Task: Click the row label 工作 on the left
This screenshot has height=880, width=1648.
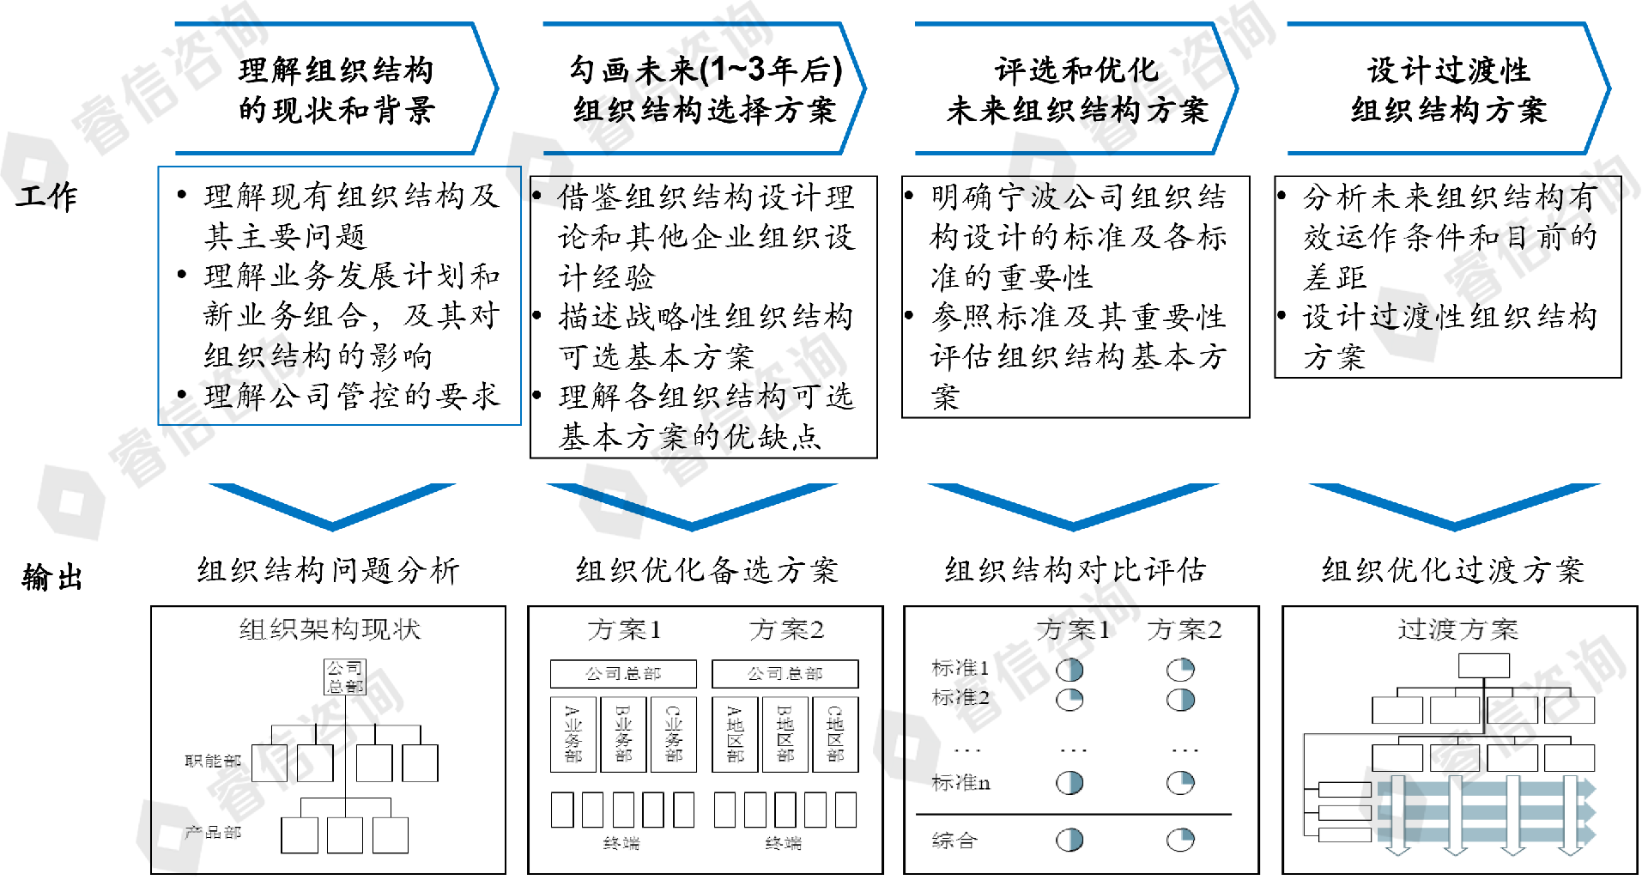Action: tap(47, 197)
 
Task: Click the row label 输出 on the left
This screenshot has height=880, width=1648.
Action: tap(51, 577)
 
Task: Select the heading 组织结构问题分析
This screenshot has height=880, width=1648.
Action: tap(329, 570)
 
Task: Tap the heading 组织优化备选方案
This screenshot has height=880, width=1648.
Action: tap(706, 570)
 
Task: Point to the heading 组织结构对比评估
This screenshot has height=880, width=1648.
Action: tap(1075, 570)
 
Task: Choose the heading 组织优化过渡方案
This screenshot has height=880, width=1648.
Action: tap(1452, 570)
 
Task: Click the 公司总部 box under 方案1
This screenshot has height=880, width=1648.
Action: tap(623, 674)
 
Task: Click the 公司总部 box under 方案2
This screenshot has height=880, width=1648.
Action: tap(785, 674)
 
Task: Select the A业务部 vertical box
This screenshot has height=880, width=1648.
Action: tap(573, 735)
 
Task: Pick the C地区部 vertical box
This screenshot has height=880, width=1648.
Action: tap(835, 735)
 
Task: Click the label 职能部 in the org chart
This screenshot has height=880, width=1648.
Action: tap(213, 761)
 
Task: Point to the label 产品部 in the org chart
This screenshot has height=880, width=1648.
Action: tap(213, 832)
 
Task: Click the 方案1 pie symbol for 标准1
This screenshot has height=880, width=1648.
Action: tap(1069, 670)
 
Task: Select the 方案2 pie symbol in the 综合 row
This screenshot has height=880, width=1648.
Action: tap(1181, 840)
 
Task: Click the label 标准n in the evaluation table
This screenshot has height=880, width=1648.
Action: tap(960, 783)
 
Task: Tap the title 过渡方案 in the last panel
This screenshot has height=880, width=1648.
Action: tap(1457, 630)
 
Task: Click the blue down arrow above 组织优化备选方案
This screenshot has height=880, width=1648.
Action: tap(692, 507)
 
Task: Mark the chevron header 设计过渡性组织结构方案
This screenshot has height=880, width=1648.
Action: tap(1448, 89)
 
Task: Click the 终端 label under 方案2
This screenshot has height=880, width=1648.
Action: tap(783, 844)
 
